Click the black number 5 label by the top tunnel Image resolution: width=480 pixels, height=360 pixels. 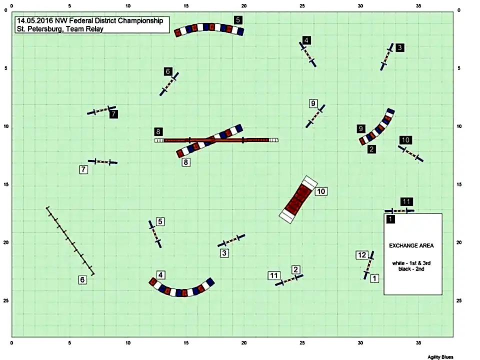tap(238, 20)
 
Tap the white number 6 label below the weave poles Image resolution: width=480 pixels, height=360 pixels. tap(82, 279)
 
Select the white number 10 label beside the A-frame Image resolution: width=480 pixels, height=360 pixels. tap(321, 191)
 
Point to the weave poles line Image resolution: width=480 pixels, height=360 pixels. tap(70, 241)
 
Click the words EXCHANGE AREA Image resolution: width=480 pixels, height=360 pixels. tap(411, 245)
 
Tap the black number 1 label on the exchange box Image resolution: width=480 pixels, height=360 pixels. tap(390, 219)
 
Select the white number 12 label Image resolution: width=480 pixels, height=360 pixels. tap(362, 254)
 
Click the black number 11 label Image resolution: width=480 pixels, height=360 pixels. tap(406, 201)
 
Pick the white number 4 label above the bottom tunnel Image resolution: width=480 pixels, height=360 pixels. tap(160, 274)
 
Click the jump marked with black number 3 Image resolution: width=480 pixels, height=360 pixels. tap(387, 56)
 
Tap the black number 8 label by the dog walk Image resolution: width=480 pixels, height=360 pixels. tap(158, 131)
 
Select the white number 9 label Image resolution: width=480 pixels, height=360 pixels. tap(313, 103)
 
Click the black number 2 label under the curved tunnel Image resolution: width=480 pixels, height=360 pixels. tap(371, 149)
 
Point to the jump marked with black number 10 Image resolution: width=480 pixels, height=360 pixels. tap(410, 153)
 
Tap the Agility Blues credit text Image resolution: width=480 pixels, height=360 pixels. tap(440, 357)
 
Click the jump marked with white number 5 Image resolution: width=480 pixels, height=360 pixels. tap(155, 234)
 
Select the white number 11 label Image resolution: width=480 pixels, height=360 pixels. tap(273, 275)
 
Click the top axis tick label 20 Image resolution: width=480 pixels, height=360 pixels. tap(243, 6)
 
